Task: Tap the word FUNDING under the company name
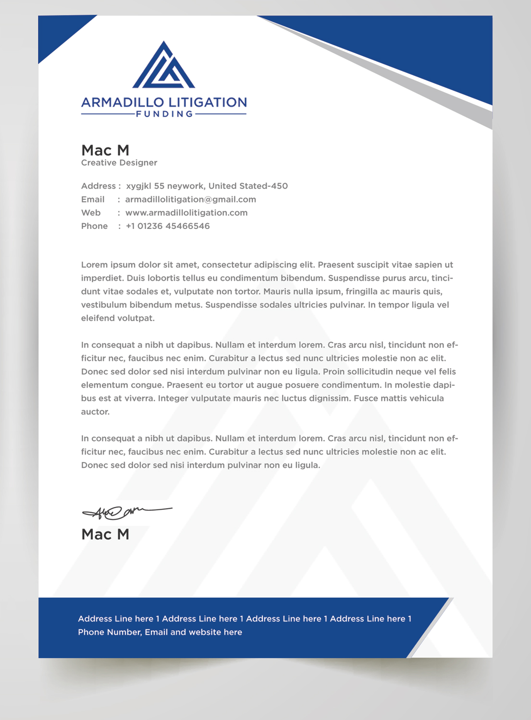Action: pos(164,114)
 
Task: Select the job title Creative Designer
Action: pos(119,163)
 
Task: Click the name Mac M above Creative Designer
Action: pos(105,150)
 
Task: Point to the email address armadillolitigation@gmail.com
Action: pos(190,199)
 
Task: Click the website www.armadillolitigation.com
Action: pos(186,213)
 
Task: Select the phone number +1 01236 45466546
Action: pos(168,226)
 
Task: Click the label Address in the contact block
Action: pos(98,186)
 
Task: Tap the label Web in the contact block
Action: pos(91,213)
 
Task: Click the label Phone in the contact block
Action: pos(94,226)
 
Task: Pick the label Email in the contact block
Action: pos(93,199)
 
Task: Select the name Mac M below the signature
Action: pos(105,534)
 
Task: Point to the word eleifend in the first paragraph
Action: pos(98,318)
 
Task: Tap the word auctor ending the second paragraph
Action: pos(95,412)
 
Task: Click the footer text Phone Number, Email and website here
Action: pos(160,632)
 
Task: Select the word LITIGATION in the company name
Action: pos(208,103)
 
